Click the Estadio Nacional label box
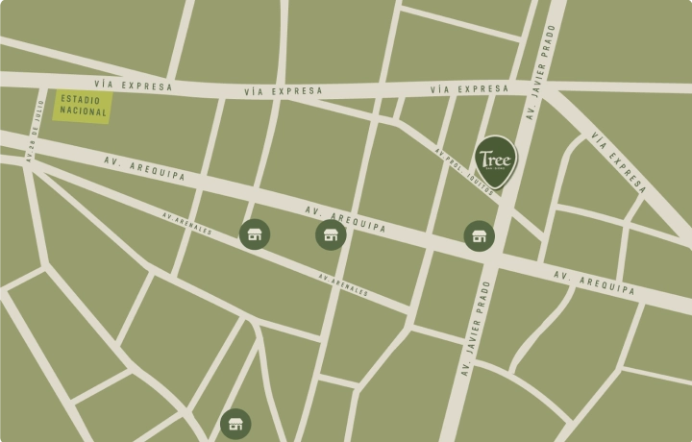coord(83,106)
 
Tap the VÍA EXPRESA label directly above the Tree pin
coord(469,89)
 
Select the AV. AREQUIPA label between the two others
coord(346,219)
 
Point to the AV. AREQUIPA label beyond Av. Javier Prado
coord(594,282)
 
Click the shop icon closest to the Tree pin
coord(479,235)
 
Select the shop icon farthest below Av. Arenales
coord(235,423)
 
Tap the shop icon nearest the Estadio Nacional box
coord(255,233)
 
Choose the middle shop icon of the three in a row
coord(331,234)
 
